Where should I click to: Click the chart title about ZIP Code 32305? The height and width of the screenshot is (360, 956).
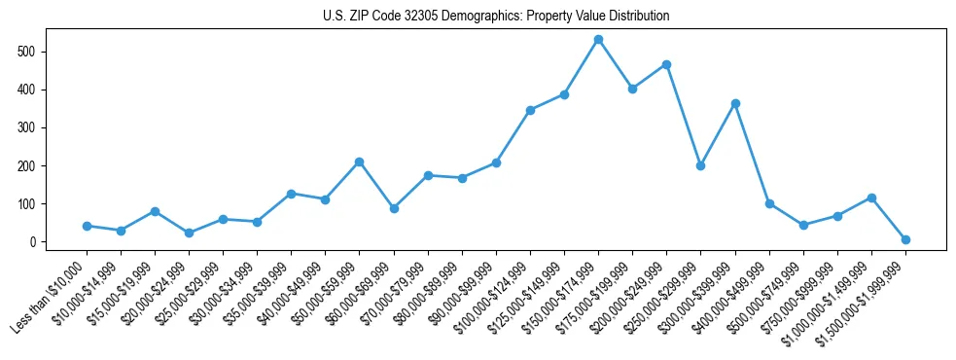(x=496, y=17)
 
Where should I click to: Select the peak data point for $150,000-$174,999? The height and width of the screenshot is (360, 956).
(x=598, y=39)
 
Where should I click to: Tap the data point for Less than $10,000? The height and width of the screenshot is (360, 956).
(x=87, y=226)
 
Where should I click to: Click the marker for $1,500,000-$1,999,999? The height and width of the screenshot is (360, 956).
(x=905, y=239)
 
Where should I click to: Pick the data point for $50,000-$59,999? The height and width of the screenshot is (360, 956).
(x=359, y=162)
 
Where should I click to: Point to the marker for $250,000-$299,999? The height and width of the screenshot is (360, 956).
(x=700, y=165)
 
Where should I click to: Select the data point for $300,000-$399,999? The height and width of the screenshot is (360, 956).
(x=735, y=103)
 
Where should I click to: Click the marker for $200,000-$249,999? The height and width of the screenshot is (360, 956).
(x=666, y=64)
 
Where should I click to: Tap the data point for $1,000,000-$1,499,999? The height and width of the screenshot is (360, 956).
(x=871, y=198)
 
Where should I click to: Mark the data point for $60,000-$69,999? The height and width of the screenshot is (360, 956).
(x=394, y=208)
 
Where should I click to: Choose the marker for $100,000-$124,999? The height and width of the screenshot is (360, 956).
(x=530, y=110)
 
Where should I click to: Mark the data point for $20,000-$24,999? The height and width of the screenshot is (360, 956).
(x=189, y=234)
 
